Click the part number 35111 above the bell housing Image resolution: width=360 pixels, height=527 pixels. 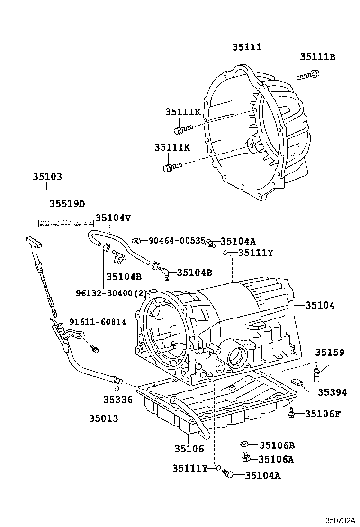pos(247,47)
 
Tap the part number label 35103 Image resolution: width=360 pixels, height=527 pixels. pos(47,176)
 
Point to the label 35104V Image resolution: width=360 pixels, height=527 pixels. pos(113,218)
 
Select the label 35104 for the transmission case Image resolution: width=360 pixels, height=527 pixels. pos(320,306)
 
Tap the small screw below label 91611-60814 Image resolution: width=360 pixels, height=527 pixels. pos(95,349)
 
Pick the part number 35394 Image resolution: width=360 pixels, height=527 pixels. pos(332,392)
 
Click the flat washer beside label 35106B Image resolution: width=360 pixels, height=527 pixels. pos(245,444)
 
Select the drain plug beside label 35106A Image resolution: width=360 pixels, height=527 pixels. pos(246,457)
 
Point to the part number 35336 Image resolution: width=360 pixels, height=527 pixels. pos(118,400)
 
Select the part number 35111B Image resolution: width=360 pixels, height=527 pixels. pos(317,57)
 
